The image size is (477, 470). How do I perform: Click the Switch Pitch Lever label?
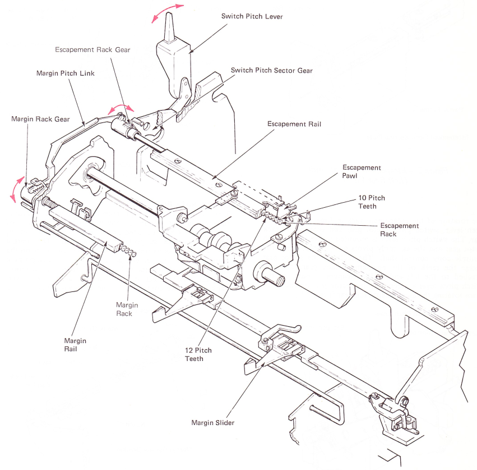coord(252,16)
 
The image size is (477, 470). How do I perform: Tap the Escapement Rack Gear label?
coord(92,49)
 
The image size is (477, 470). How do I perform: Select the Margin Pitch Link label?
coord(66,73)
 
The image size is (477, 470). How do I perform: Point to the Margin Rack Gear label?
coord(40,119)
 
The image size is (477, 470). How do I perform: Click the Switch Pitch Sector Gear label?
coord(272,70)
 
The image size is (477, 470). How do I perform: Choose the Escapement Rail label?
coord(294,124)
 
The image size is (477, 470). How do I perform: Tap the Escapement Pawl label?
coord(362,172)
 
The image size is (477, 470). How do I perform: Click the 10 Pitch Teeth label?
coord(372,202)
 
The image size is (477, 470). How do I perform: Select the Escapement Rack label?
coord(400,230)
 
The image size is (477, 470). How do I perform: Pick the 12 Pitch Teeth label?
coord(198,354)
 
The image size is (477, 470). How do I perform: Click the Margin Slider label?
coord(213,423)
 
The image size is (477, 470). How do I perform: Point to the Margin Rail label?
coord(75,345)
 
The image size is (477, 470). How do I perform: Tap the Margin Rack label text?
coord(127,309)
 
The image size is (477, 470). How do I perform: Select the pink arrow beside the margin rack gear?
coord(16,189)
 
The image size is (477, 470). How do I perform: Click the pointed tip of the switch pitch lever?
coord(169,13)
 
